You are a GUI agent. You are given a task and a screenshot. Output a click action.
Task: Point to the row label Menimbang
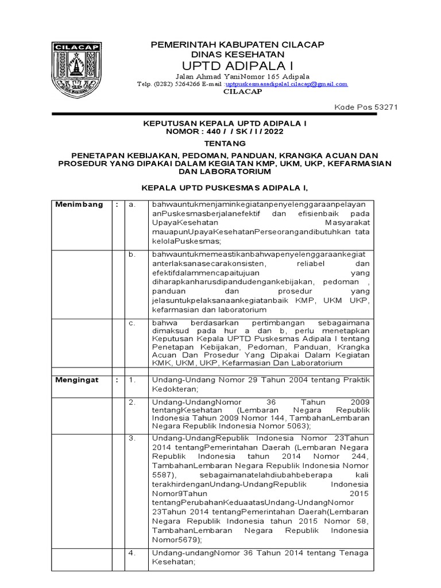pos(79,204)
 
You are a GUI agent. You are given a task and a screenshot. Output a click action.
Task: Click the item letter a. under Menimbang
pos(131,204)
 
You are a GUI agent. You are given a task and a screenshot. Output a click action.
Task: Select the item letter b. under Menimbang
pos(131,254)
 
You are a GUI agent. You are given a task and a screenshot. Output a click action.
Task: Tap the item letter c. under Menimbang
pos(131,323)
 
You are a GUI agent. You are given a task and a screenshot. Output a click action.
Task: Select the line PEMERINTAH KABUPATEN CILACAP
pos(229,44)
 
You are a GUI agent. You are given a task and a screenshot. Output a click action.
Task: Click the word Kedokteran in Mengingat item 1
pos(173,389)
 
